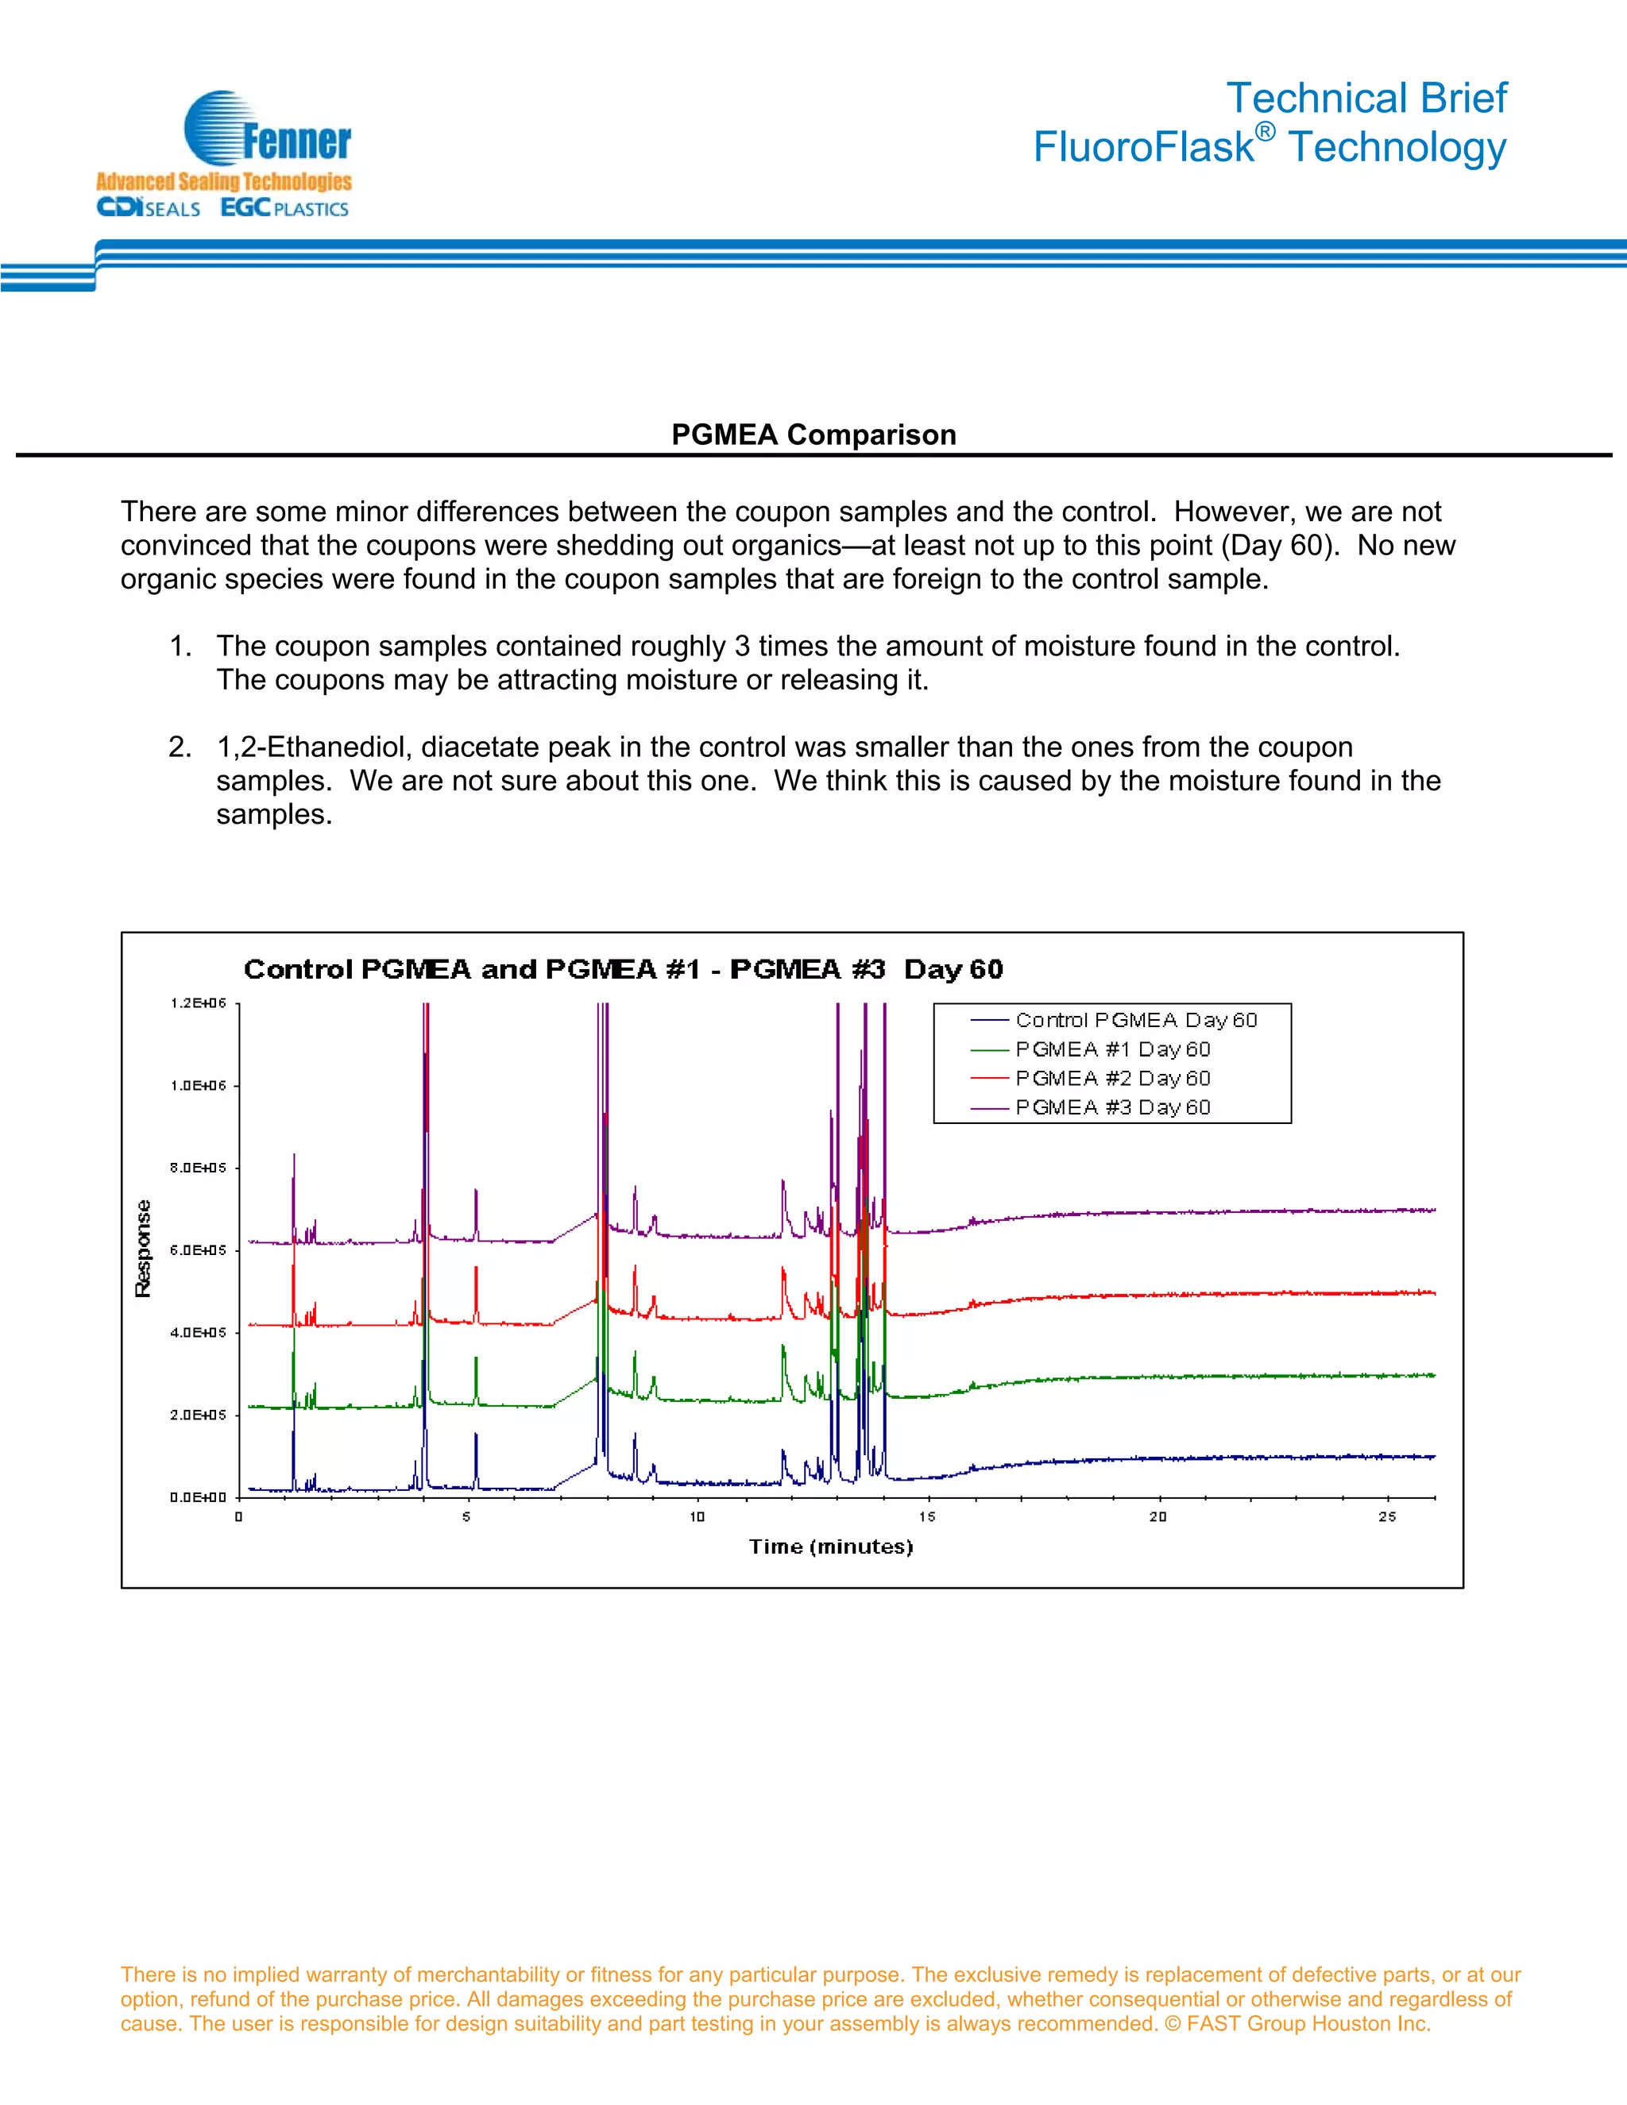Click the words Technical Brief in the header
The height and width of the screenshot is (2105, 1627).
(1365, 98)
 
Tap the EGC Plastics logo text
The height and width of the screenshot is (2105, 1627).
(284, 208)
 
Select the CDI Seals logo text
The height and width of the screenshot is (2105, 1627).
(149, 208)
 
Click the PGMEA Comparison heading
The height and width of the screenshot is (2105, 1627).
(813, 435)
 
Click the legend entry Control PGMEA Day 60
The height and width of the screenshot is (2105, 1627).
(1135, 1020)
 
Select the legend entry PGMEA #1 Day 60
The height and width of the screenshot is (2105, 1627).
(1112, 1049)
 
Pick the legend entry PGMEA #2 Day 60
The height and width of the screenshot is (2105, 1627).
(1112, 1078)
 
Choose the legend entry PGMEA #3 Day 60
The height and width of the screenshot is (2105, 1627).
(1112, 1107)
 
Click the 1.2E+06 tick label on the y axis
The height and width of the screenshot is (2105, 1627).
(198, 1003)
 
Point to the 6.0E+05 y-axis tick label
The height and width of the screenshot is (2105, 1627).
(198, 1250)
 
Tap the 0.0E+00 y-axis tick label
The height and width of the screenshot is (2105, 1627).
(198, 1497)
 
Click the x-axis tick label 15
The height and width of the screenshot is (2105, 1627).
(926, 1516)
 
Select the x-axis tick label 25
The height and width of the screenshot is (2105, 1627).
(1386, 1516)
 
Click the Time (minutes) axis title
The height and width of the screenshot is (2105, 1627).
(831, 1547)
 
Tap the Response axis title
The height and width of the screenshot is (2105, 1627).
(144, 1249)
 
